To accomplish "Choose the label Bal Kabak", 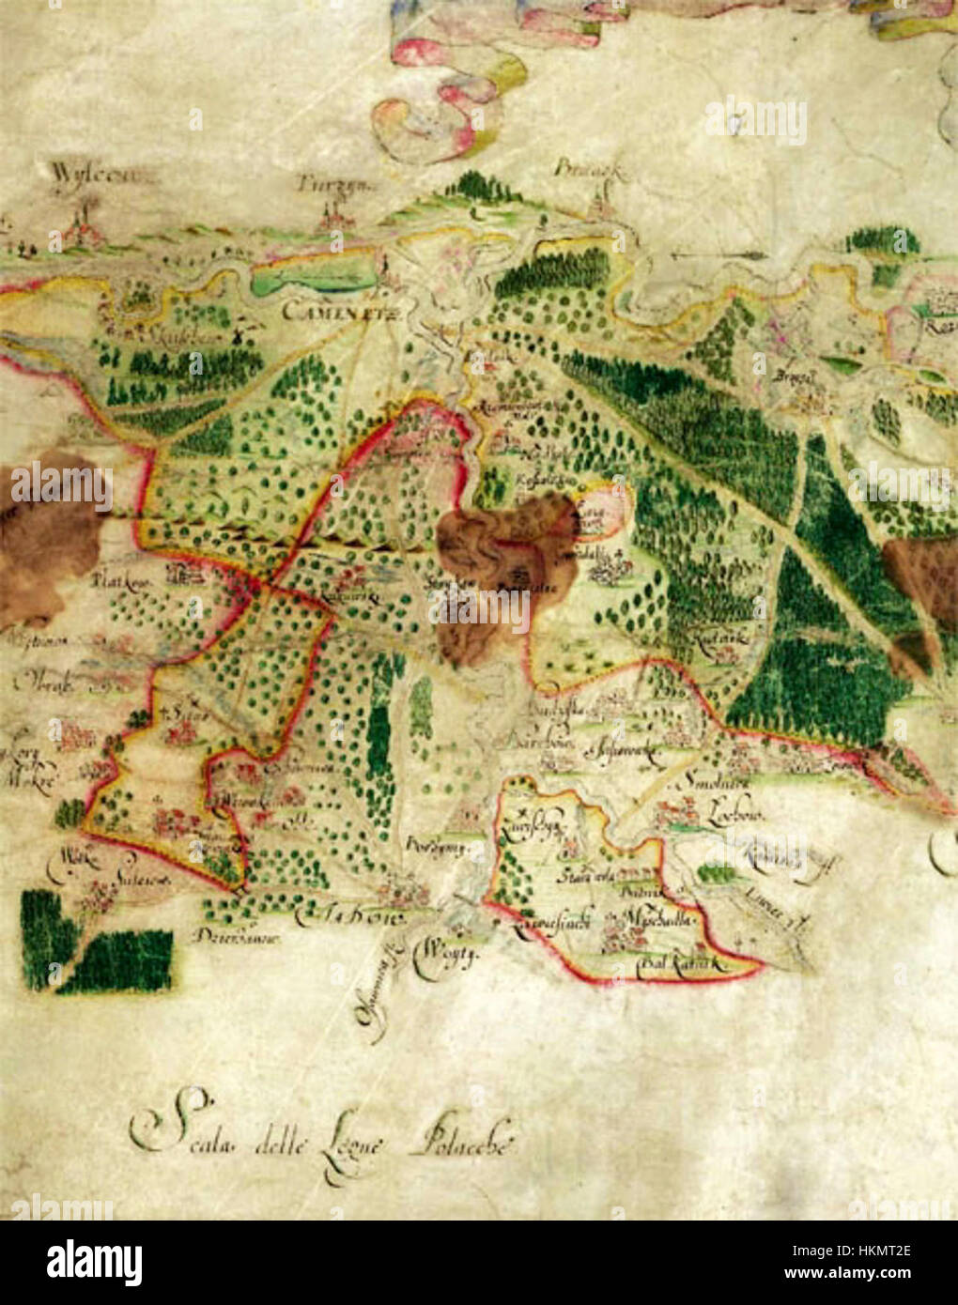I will [x=679, y=962].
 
